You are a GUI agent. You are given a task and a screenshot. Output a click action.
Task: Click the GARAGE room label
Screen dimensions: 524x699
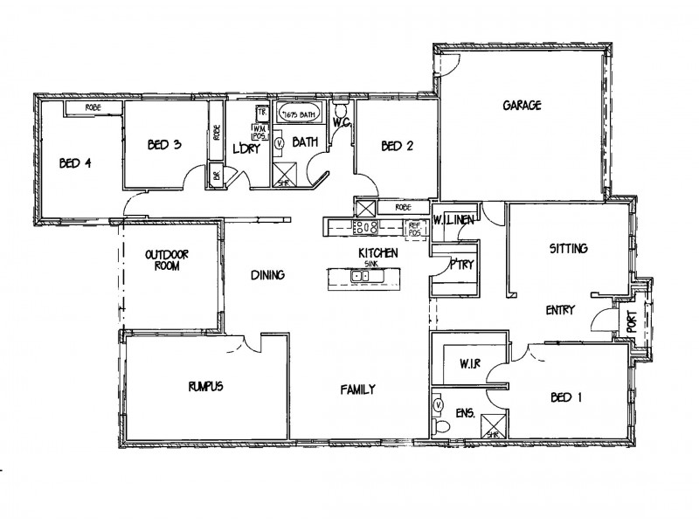tap(523, 106)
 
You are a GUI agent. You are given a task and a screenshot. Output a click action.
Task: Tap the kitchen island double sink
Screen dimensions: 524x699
tap(359, 277)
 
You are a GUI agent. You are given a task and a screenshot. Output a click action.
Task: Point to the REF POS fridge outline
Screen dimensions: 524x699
tap(415, 227)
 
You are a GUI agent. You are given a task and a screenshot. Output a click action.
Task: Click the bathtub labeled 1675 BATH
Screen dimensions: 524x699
tap(300, 114)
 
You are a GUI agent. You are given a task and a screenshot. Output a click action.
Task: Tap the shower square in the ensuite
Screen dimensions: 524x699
tap(491, 429)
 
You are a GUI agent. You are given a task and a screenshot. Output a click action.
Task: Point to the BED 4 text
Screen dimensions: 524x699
tap(75, 162)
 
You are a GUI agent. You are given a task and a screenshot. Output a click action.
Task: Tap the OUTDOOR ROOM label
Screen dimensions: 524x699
tap(168, 260)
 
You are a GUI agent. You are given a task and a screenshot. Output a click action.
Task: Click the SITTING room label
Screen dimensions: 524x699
tap(568, 249)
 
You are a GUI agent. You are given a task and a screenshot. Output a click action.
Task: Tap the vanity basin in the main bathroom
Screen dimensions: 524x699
tap(280, 142)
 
